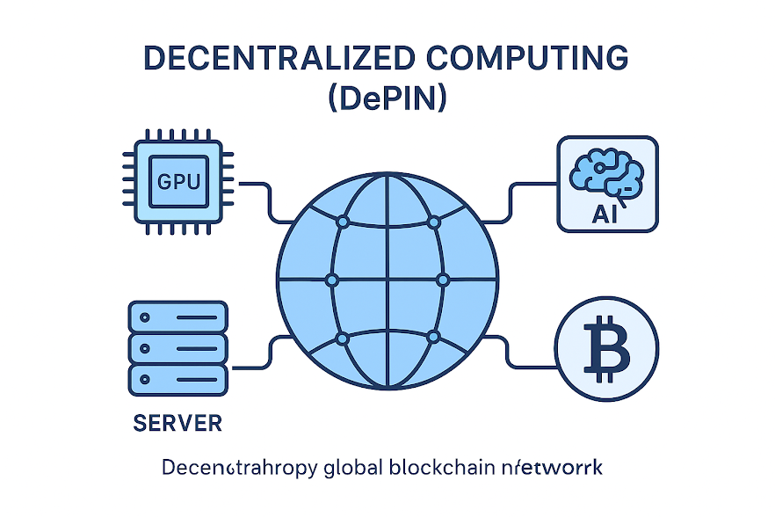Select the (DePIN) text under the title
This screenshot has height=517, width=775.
pyautogui.click(x=387, y=98)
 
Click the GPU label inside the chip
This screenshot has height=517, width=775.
pyautogui.click(x=178, y=183)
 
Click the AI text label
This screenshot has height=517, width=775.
pyautogui.click(x=607, y=214)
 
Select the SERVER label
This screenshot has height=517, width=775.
pyautogui.click(x=177, y=423)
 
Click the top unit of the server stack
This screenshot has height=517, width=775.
pyautogui.click(x=177, y=316)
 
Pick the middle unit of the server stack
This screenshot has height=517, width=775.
pyautogui.click(x=177, y=347)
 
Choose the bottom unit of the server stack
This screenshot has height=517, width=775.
pyautogui.click(x=177, y=379)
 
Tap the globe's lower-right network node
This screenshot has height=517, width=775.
pyautogui.click(x=432, y=338)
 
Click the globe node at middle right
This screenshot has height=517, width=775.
pyautogui.click(x=443, y=280)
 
